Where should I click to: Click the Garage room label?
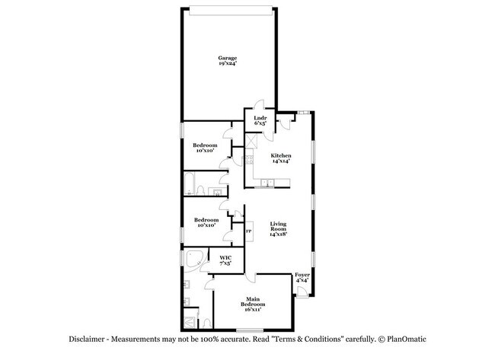pos(227,58)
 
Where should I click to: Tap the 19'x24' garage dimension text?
pos(227,64)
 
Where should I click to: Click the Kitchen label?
pos(281,155)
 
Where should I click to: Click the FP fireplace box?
pos(248,231)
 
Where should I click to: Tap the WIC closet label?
pos(225,259)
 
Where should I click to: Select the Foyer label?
pos(302,275)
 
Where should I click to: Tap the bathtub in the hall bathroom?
pos(195,185)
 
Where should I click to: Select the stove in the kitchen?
pos(248,161)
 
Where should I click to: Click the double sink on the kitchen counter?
pos(268,183)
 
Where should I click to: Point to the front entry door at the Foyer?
pos(305,292)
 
